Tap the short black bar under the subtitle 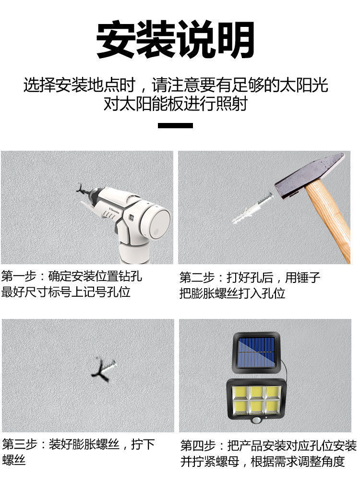click(x=175, y=126)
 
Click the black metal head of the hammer click(x=310, y=175)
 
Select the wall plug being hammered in click(x=252, y=208)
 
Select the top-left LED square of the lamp click(x=239, y=392)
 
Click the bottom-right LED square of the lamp click(x=273, y=407)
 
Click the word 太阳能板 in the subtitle click(x=143, y=103)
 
